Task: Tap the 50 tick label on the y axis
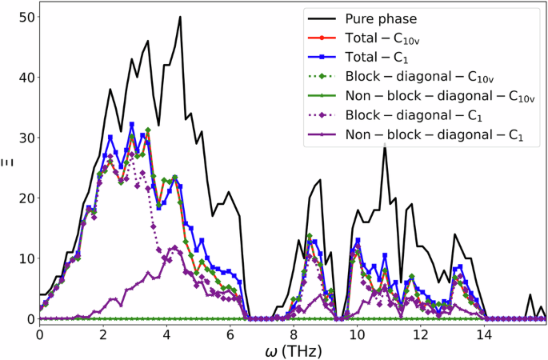point(22,17)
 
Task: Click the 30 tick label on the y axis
point(22,138)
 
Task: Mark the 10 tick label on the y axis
point(22,258)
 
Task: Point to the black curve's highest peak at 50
point(180,17)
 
